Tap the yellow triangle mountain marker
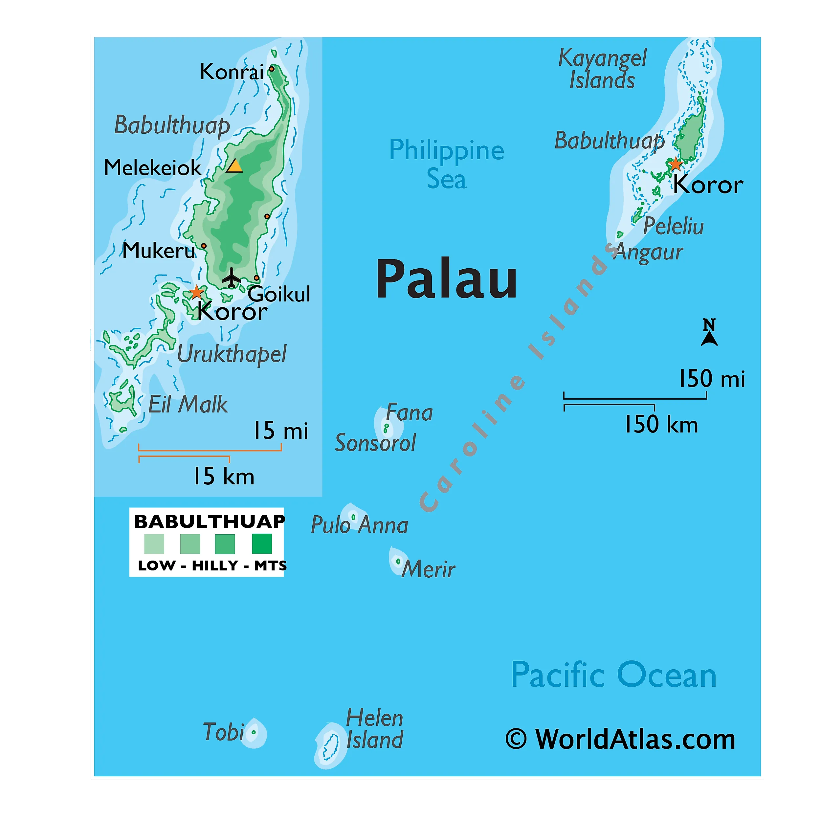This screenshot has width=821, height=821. click(234, 166)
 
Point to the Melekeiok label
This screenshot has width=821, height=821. click(153, 167)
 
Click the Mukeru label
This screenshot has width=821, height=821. click(159, 250)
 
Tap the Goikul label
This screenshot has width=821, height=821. click(279, 294)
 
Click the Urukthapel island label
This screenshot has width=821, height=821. click(232, 354)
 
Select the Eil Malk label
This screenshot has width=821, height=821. click(188, 404)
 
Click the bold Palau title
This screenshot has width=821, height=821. click(447, 279)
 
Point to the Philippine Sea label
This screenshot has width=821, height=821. click(447, 164)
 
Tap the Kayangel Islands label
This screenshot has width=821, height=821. click(602, 69)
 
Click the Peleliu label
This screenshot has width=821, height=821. click(674, 226)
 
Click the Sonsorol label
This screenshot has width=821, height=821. click(375, 443)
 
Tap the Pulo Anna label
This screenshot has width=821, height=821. click(360, 525)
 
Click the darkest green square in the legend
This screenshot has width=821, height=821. click(262, 544)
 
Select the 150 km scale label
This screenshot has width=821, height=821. click(661, 425)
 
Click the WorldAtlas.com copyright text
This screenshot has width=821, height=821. click(620, 740)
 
